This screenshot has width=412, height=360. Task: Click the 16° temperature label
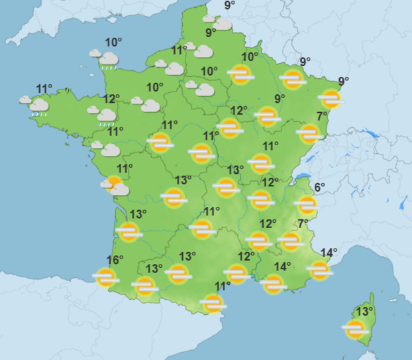click(115, 260)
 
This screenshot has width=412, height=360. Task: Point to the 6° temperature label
click(320, 187)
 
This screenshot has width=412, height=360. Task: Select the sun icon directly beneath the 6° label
click(306, 206)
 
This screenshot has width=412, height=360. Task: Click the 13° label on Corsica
click(364, 311)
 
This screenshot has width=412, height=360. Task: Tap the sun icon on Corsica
click(356, 328)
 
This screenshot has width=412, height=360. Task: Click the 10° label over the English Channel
click(113, 42)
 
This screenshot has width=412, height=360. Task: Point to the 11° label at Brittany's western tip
click(44, 89)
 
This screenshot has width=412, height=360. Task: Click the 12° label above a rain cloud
click(112, 98)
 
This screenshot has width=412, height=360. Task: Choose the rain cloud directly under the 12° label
click(107, 116)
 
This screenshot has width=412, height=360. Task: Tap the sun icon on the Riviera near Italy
click(319, 270)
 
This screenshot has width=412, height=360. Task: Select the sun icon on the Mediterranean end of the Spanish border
click(213, 304)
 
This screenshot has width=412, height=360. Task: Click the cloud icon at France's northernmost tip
click(222, 24)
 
